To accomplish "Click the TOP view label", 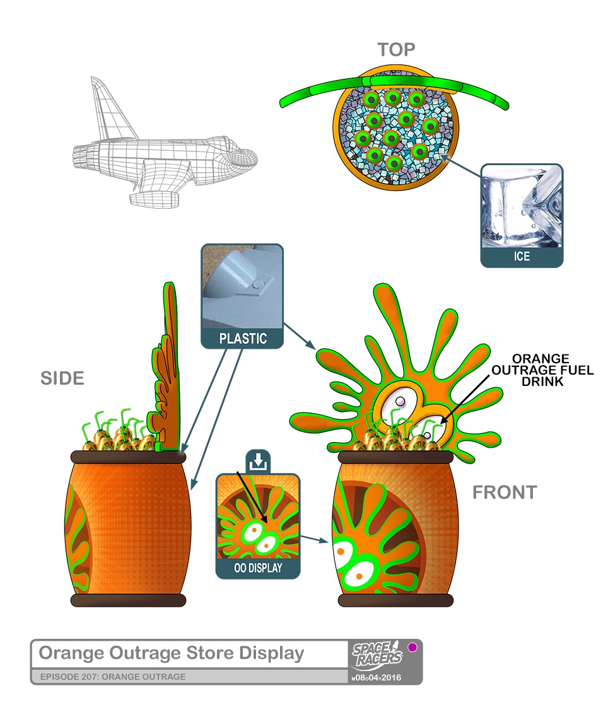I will point(396,50).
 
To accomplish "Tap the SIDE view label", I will point(62,378).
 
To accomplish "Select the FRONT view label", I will point(505,493).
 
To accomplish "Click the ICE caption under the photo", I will point(521,257).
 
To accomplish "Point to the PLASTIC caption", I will point(243,339).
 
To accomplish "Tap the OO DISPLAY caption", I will point(258,568).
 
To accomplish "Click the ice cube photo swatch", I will point(521,206).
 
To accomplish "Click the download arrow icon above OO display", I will point(257,462).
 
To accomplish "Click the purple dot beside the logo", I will point(412,647).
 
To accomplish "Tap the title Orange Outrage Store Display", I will point(172,653).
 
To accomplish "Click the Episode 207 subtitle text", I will point(113,677).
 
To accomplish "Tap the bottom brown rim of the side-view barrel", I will point(128,600).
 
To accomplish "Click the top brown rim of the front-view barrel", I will point(395,457).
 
